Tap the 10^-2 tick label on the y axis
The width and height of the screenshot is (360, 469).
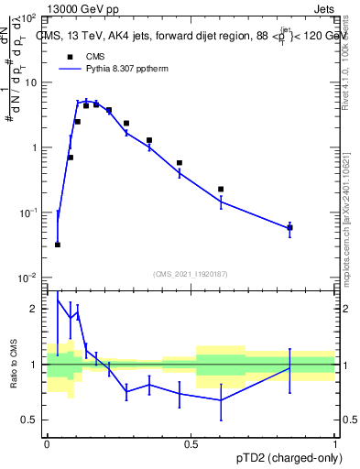point(27,277)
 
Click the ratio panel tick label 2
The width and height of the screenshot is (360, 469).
point(36,310)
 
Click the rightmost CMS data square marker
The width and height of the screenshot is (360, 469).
point(289,227)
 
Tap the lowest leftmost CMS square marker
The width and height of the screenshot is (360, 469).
point(58,245)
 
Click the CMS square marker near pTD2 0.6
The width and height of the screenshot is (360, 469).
point(221,189)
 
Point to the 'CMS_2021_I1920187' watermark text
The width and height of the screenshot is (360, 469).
point(191,273)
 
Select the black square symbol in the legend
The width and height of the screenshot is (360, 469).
point(68,57)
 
